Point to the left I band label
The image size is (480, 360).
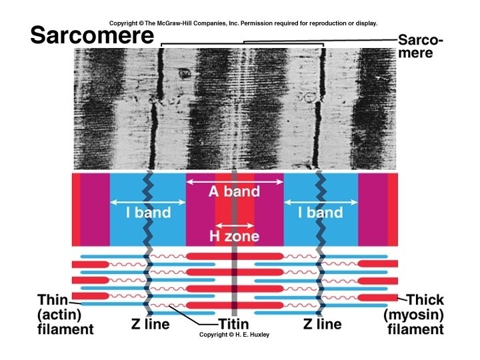point(148,213)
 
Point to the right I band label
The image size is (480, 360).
point(320,213)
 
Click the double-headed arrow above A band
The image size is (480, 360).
point(234,181)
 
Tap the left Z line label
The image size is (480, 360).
point(150,325)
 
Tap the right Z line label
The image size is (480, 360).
point(322,325)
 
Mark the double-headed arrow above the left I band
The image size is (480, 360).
point(148,202)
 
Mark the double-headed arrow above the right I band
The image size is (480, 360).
point(320,202)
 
